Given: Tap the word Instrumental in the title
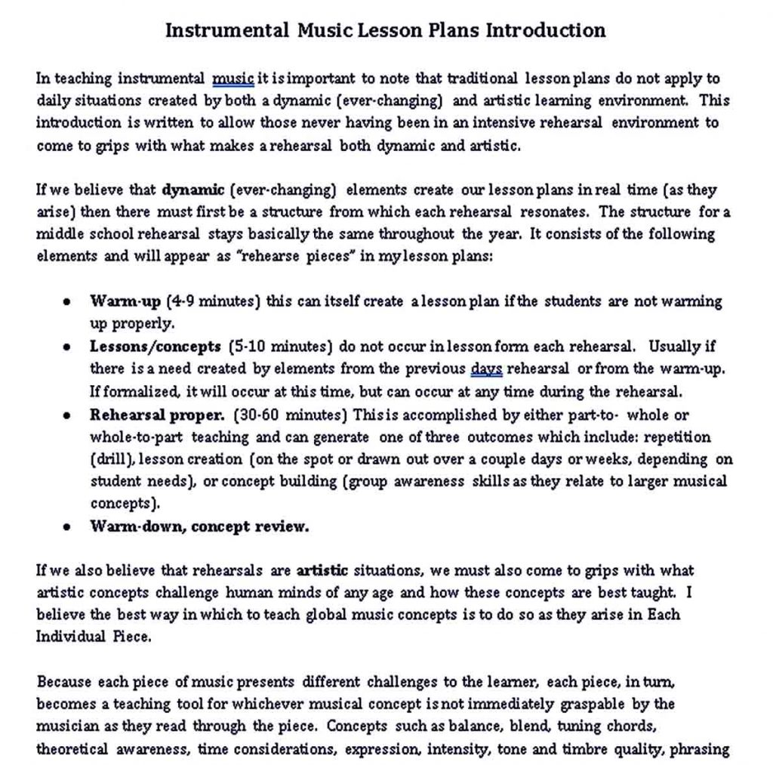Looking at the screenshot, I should click(x=226, y=31).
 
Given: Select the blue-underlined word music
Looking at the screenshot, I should click(x=233, y=79).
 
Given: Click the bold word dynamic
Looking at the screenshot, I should click(x=193, y=190).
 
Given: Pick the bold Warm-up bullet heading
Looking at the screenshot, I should click(x=125, y=302).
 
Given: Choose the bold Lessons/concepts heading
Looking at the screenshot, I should click(x=156, y=347).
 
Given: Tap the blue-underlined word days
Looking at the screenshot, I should click(x=486, y=370).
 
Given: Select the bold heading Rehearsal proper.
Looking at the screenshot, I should click(x=157, y=415).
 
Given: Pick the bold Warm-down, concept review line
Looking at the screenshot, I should click(x=199, y=527).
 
